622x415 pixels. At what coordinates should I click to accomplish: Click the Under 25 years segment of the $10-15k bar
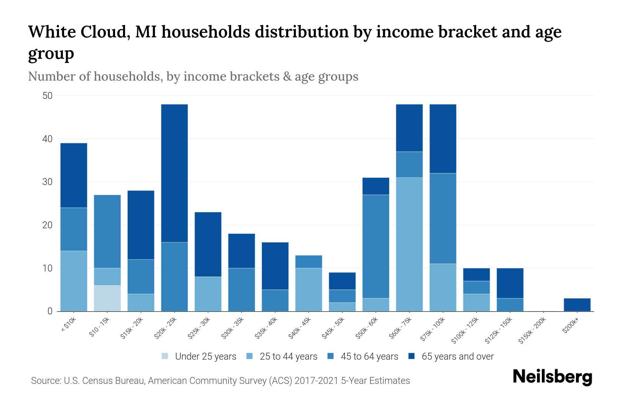pyautogui.click(x=107, y=298)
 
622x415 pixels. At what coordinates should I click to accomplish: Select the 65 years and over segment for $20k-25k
pyautogui.click(x=175, y=173)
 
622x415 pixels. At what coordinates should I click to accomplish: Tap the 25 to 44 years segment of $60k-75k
pyautogui.click(x=409, y=244)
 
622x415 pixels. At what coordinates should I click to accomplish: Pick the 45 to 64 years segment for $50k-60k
pyautogui.click(x=376, y=246)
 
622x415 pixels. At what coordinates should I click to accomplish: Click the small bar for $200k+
pyautogui.click(x=577, y=305)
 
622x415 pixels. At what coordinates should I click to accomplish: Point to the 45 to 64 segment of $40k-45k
pyautogui.click(x=309, y=261)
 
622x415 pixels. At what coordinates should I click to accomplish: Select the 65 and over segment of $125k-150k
pyautogui.click(x=510, y=283)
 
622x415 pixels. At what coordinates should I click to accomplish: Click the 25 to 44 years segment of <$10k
pyautogui.click(x=74, y=281)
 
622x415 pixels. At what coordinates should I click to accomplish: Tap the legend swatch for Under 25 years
pyautogui.click(x=165, y=356)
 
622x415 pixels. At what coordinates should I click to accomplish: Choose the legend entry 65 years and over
pyautogui.click(x=458, y=357)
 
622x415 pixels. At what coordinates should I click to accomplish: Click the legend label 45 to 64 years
pyautogui.click(x=369, y=357)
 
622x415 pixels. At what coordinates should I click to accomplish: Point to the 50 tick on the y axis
pyautogui.click(x=47, y=96)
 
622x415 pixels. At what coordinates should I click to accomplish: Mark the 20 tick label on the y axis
pyautogui.click(x=47, y=225)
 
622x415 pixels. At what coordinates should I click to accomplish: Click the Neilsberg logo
pyautogui.click(x=552, y=377)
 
